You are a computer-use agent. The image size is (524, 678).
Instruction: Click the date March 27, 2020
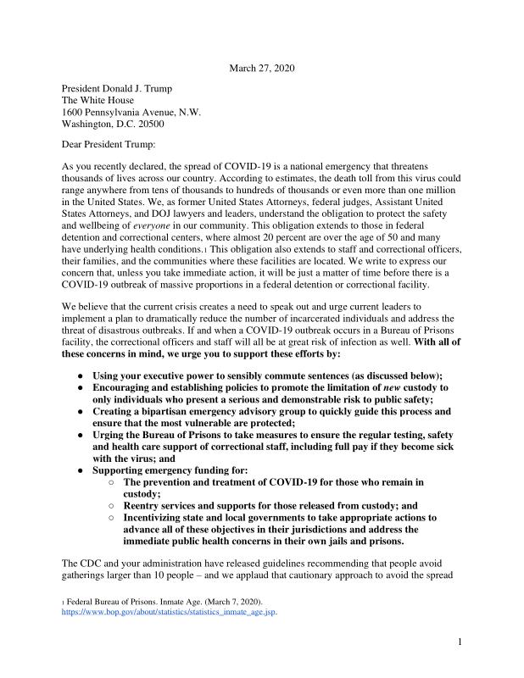pos(262,68)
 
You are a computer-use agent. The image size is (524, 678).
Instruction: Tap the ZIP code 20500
pos(148,124)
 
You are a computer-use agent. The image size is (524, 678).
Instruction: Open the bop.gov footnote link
pos(170,610)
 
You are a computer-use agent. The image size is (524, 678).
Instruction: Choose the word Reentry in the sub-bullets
pos(144,504)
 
